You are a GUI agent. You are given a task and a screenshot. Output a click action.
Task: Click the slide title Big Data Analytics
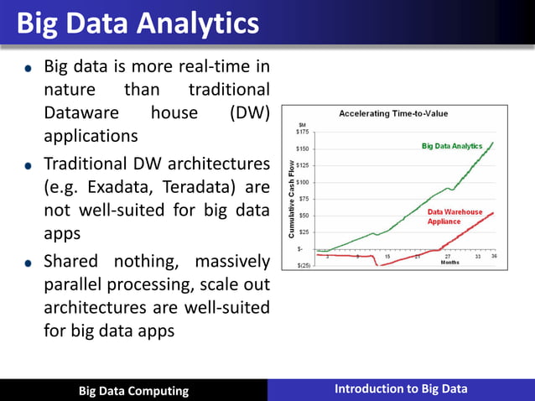[138, 23]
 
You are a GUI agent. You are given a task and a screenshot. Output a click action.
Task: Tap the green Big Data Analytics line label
[452, 146]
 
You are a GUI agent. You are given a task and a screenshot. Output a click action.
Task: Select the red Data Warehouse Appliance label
[455, 216]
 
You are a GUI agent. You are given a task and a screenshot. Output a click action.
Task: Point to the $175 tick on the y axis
[303, 132]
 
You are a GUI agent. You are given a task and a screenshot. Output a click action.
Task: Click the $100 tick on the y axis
[303, 182]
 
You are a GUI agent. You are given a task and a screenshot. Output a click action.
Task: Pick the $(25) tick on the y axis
[303, 265]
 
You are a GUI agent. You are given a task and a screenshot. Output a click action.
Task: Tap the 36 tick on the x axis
[494, 256]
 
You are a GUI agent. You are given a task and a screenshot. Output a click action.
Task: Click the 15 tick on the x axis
[387, 256]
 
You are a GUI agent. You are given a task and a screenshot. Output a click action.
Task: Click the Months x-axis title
[449, 262]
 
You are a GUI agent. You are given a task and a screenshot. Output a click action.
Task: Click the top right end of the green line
[493, 143]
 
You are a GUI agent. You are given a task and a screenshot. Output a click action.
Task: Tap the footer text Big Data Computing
[133, 391]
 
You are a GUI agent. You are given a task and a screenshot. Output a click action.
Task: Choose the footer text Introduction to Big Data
[401, 388]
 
